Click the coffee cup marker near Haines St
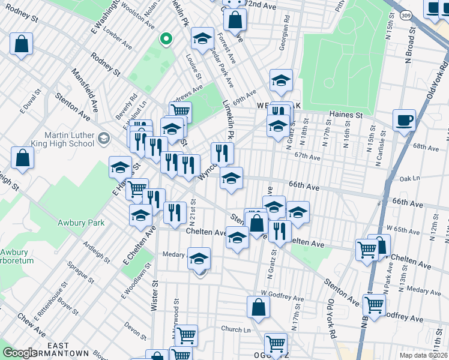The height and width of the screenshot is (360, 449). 405,119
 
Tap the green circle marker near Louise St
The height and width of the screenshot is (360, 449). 166,40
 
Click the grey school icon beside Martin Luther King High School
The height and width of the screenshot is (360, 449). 103,139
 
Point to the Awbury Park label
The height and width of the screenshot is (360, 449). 81,223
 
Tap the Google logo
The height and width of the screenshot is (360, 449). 20,353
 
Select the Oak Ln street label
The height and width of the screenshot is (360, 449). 408,178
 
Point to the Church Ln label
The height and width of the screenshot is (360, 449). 235,329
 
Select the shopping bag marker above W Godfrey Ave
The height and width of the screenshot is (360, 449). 258,307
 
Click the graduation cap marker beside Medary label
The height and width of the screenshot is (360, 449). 199,258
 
